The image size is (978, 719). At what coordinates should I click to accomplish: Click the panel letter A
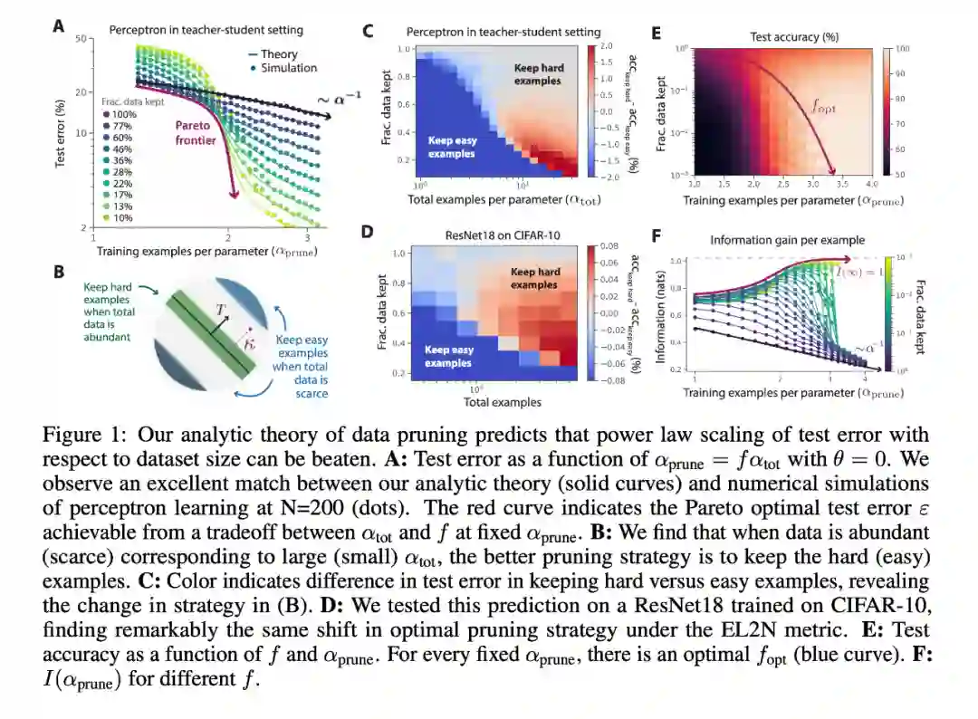[x=59, y=26]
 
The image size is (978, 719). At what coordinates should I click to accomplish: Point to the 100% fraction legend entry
[x=121, y=115]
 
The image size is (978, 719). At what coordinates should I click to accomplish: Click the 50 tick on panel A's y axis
[x=80, y=40]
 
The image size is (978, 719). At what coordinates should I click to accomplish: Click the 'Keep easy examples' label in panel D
[x=448, y=356]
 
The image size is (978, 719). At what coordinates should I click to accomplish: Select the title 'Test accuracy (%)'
[x=793, y=37]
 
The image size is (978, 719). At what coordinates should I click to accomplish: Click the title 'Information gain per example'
[x=787, y=240]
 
